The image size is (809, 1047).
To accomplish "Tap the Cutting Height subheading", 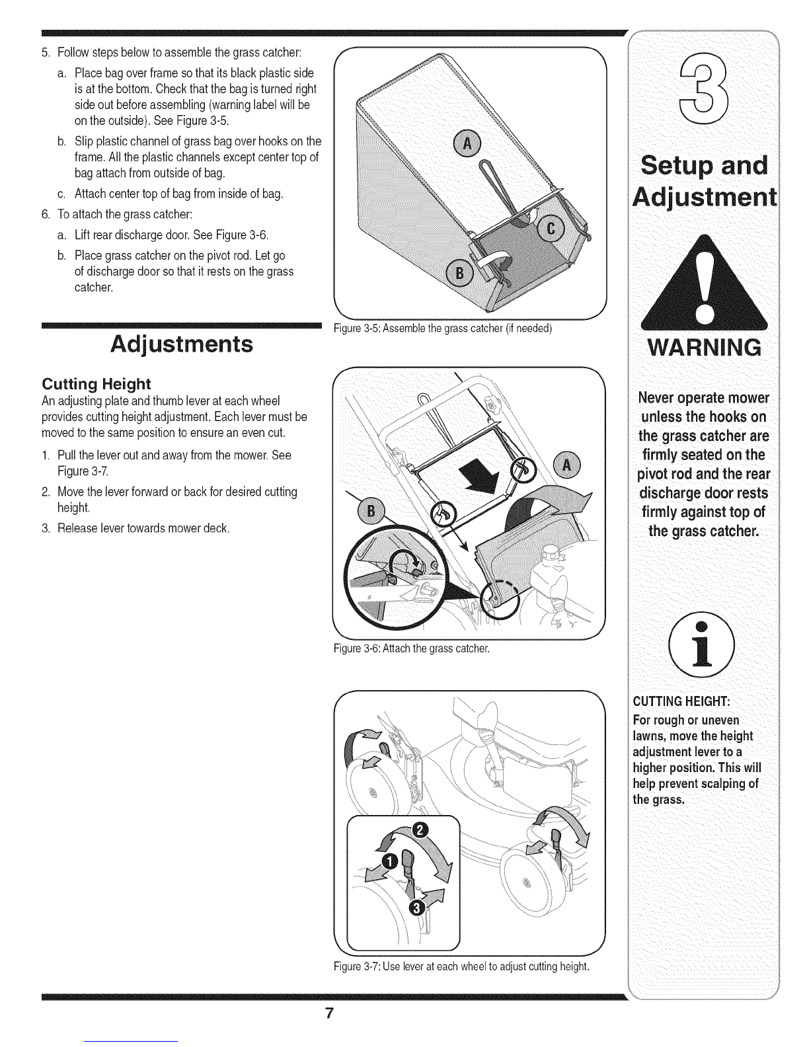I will point(96,383).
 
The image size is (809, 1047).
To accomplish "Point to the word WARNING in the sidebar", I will point(704,347).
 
